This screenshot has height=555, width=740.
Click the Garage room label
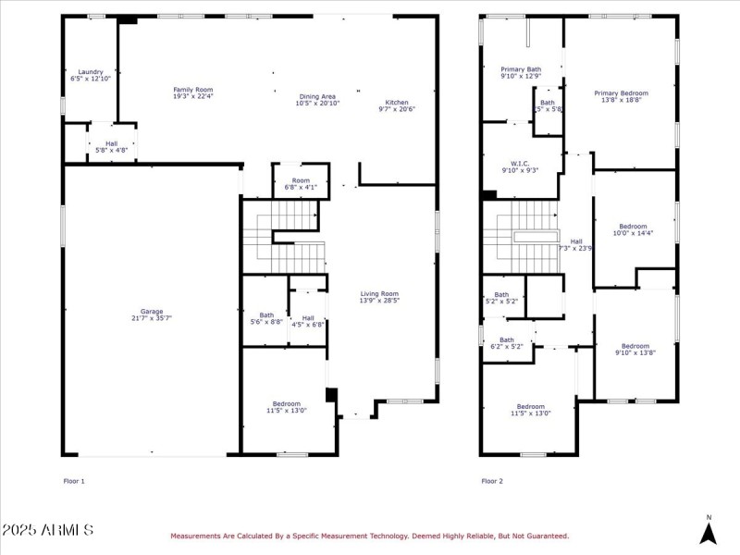click(x=152, y=314)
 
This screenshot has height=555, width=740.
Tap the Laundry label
click(x=91, y=75)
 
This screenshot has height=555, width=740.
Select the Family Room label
click(x=193, y=92)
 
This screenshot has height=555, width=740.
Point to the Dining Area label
click(x=316, y=99)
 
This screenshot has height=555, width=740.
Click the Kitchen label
click(x=397, y=105)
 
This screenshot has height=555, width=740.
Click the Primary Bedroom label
click(x=621, y=96)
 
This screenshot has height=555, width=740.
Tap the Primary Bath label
click(x=521, y=72)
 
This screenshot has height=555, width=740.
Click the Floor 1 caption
click(x=74, y=481)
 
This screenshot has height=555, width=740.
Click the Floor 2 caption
click(x=492, y=481)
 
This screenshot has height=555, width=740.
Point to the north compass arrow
click(x=709, y=532)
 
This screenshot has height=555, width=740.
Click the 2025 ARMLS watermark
click(x=47, y=530)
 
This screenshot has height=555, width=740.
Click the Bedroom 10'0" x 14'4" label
click(x=633, y=229)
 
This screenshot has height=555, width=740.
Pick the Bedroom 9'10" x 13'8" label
click(x=635, y=349)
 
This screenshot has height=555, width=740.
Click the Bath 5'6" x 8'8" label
click(x=266, y=318)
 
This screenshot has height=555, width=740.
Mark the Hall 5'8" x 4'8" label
click(x=111, y=146)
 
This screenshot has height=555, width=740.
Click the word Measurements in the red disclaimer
click(x=199, y=536)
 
